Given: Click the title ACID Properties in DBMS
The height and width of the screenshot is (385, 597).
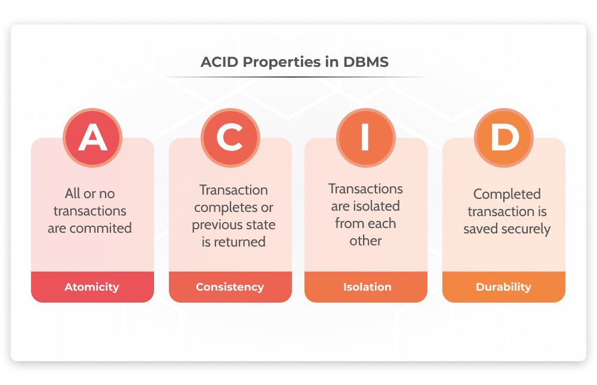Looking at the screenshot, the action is pos(294,61).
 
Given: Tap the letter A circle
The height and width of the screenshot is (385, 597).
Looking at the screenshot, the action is pos(93,138).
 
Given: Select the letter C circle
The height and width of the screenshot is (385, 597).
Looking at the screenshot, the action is pos(230,138).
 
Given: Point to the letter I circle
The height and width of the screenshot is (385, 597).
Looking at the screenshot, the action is pos(366,138).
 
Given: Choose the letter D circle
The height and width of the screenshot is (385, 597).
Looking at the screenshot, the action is pos(504,138).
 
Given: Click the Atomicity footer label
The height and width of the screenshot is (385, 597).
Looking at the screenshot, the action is pos(92,287).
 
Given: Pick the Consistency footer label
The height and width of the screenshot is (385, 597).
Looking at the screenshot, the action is pos(230,287).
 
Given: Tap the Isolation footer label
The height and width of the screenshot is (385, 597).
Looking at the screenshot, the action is pos(367,287).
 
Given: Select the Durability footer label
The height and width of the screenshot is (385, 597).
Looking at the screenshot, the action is pos(503,287).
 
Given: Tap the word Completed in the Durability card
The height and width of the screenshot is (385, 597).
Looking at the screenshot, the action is pos(507,194).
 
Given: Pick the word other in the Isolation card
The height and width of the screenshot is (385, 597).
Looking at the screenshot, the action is pos(365,241).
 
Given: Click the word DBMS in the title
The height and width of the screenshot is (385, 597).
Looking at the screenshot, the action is pos(366,61).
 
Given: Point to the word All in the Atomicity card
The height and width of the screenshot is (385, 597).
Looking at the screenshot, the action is pos(72,193).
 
